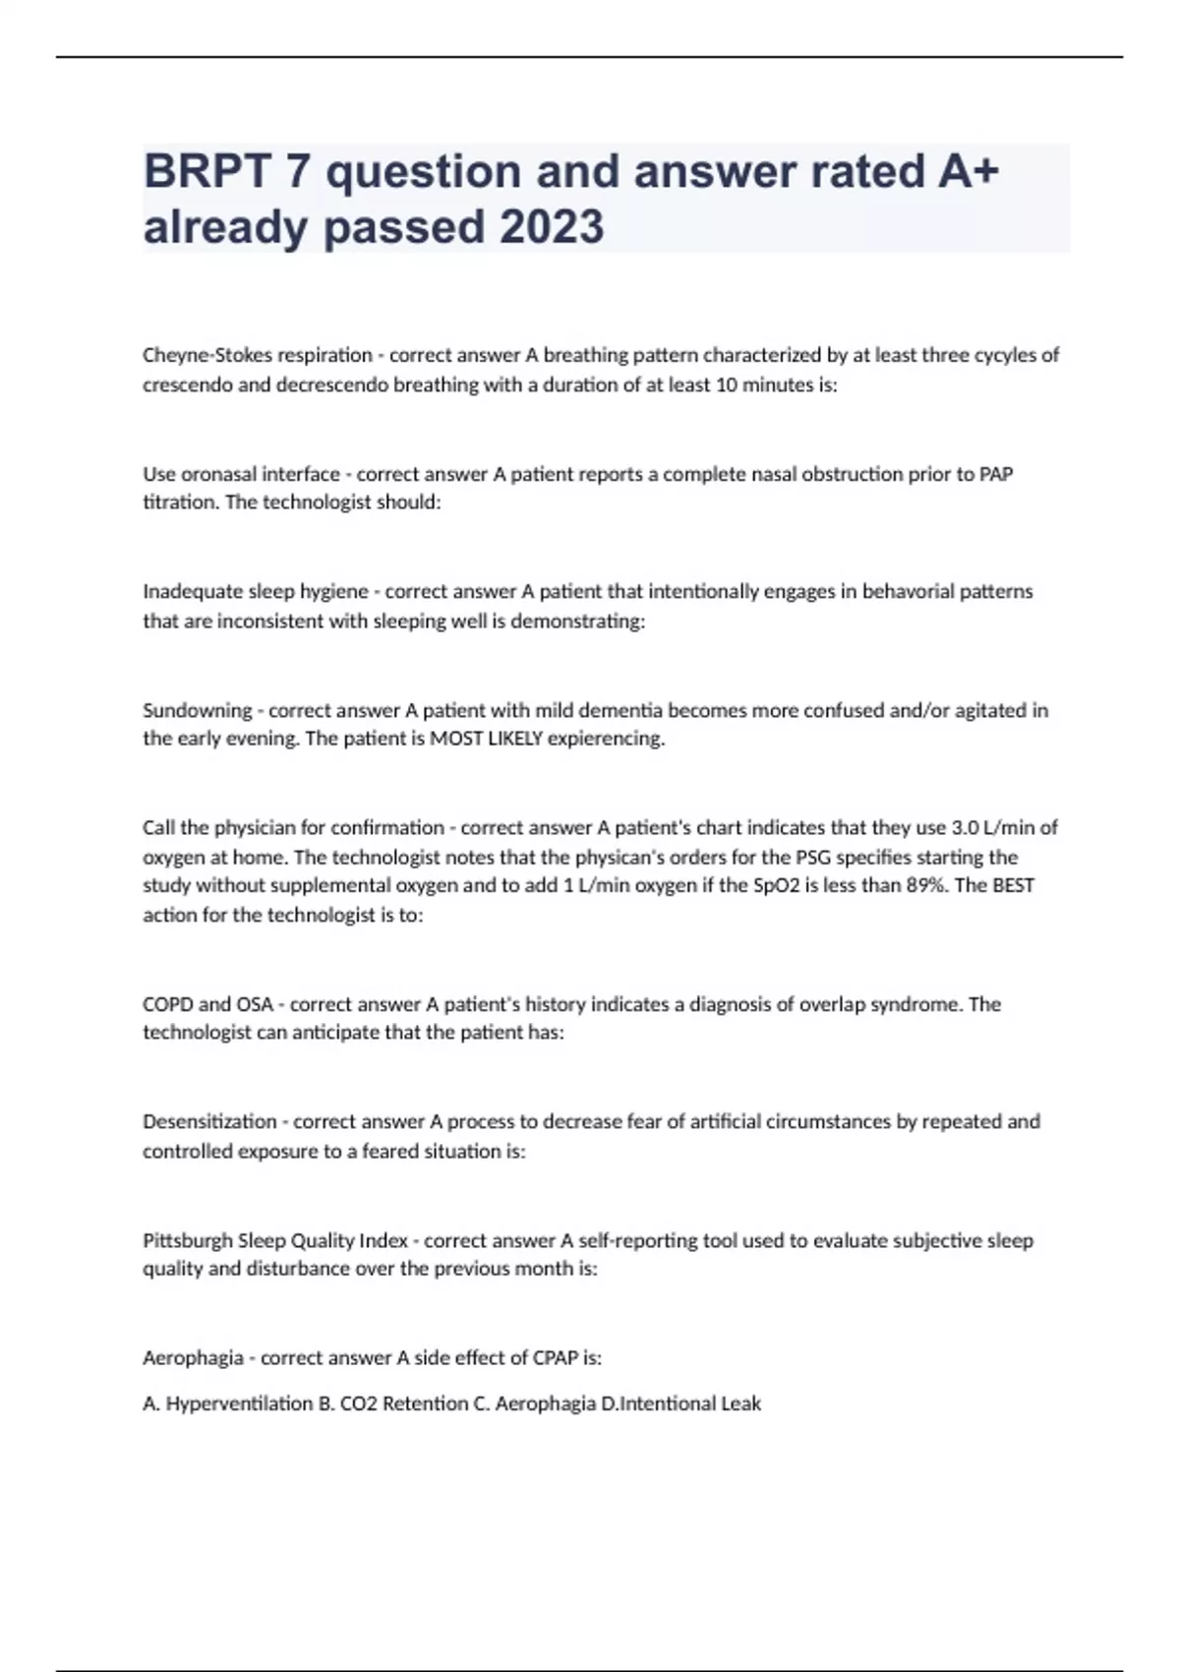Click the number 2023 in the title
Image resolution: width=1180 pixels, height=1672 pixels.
[x=552, y=227]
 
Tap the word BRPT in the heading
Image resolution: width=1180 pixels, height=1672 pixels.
[x=207, y=171]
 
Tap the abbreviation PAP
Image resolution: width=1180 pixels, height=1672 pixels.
[x=996, y=474]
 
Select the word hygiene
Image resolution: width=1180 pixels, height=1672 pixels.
[x=327, y=591]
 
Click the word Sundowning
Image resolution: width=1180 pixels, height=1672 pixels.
[x=197, y=710]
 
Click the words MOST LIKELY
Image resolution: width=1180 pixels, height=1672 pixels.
[x=486, y=739]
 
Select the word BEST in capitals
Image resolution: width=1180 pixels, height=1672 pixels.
[x=1013, y=885]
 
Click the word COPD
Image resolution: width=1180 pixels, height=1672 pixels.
[x=167, y=1004]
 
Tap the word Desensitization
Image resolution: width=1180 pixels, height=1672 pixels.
[x=209, y=1121]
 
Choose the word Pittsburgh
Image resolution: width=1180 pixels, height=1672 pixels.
[x=187, y=1240]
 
